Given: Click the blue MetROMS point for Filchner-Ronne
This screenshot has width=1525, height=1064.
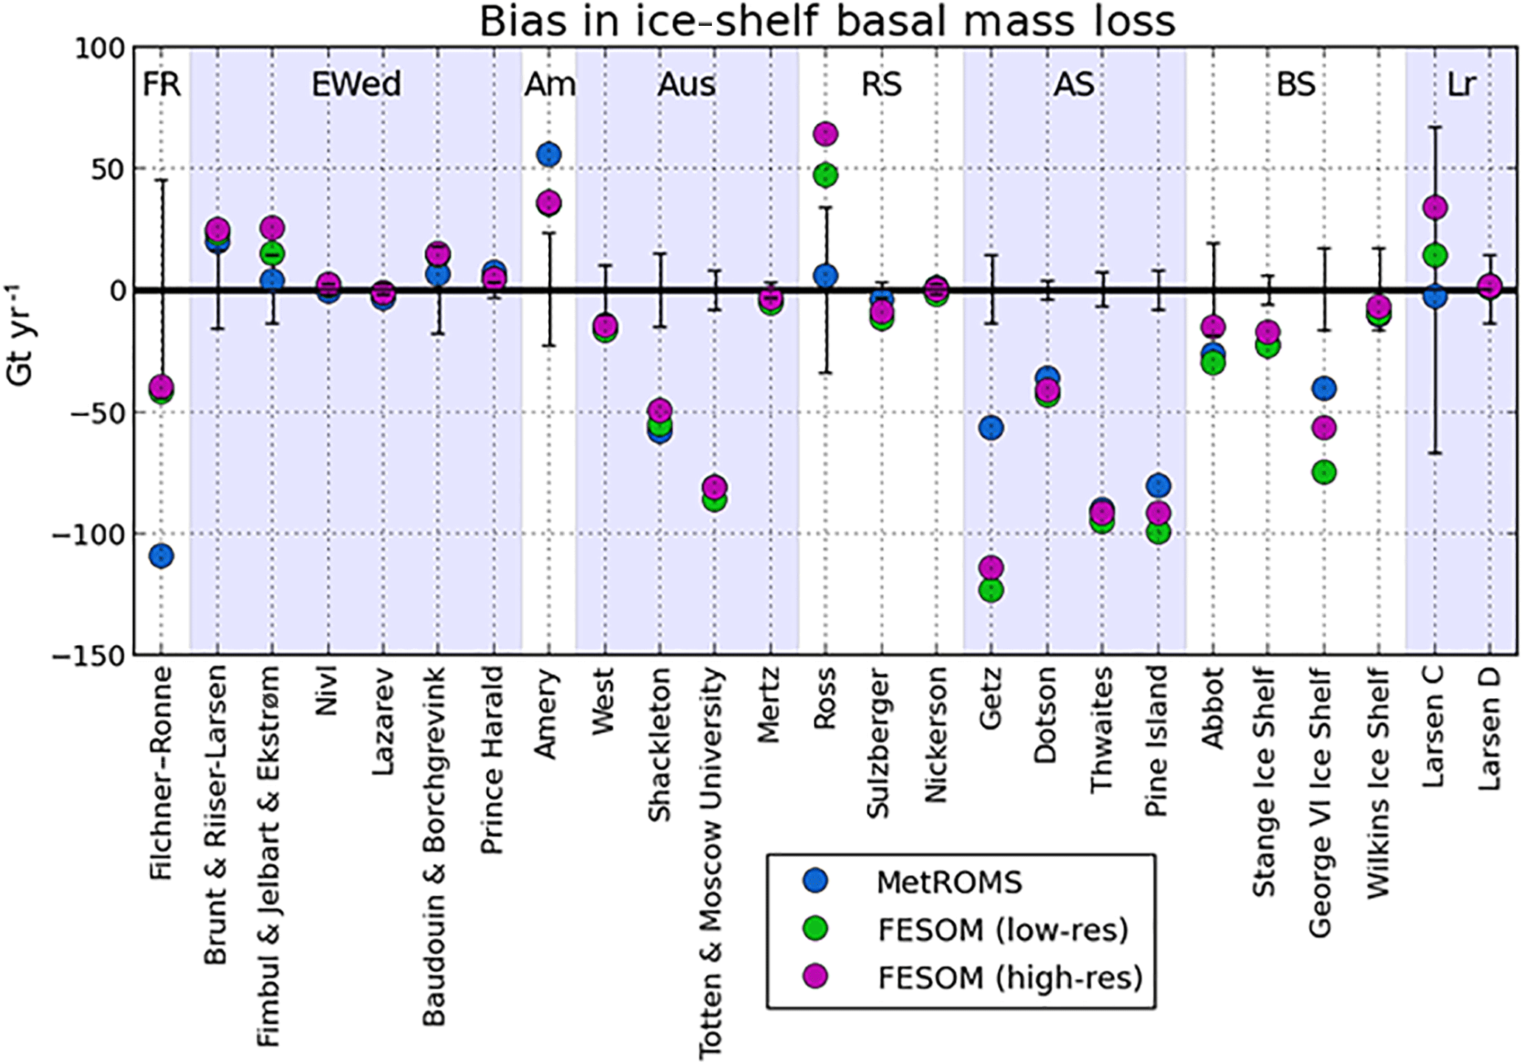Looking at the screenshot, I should pyautogui.click(x=161, y=555).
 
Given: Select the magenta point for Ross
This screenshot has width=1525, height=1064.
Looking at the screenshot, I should pyautogui.click(x=826, y=133).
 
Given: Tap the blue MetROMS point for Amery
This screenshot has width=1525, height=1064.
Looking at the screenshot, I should pyautogui.click(x=549, y=155).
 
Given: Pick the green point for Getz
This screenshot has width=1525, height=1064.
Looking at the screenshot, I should pyautogui.click(x=991, y=590).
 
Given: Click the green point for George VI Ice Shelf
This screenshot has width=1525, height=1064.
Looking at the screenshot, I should pyautogui.click(x=1324, y=472).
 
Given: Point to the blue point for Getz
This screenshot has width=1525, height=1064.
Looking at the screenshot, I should pyautogui.click(x=991, y=428).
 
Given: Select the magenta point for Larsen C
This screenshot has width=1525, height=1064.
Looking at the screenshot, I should pyautogui.click(x=1434, y=208).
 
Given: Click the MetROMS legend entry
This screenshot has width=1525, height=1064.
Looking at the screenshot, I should pyautogui.click(x=949, y=882).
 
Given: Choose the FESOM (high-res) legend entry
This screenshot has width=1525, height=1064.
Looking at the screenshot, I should pyautogui.click(x=1009, y=978).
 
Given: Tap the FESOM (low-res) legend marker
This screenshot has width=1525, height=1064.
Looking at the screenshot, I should pyautogui.click(x=816, y=929).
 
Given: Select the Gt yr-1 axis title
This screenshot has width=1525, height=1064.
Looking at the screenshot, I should pyautogui.click(x=21, y=333).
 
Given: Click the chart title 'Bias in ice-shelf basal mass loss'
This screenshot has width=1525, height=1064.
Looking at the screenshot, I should pyautogui.click(x=826, y=21).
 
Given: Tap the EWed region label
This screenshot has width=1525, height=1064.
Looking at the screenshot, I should pyautogui.click(x=356, y=84).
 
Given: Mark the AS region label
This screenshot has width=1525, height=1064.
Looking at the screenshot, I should pyautogui.click(x=1073, y=84).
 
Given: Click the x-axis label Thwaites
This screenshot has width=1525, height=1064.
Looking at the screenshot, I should pyautogui.click(x=1102, y=730).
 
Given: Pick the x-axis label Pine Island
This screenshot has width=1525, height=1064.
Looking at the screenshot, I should pyautogui.click(x=1157, y=741).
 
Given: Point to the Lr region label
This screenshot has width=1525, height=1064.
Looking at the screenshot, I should pyautogui.click(x=1462, y=84).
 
